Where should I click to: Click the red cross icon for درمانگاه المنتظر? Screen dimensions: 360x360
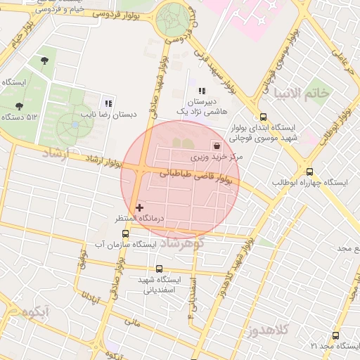(x=140, y=207)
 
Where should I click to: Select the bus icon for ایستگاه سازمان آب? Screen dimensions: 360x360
(x=125, y=233)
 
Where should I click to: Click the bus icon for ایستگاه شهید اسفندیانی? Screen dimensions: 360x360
(x=159, y=269)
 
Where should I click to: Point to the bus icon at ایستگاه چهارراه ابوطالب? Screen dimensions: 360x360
(x=309, y=171)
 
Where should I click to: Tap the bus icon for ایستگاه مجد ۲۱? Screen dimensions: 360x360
(x=335, y=335)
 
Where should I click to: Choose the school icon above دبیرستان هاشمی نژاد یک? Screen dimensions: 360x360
(x=202, y=91)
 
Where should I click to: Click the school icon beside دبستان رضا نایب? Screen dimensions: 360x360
(x=108, y=103)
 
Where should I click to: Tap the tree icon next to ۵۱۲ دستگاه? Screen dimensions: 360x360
(x=19, y=105)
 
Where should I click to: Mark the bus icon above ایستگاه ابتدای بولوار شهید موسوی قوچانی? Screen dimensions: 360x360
(x=263, y=117)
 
